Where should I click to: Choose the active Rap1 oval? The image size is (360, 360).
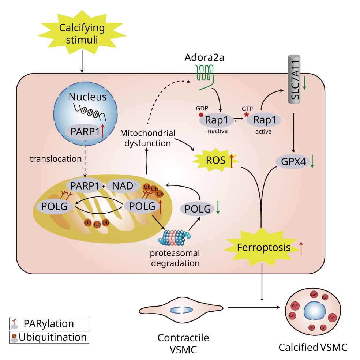(264, 120)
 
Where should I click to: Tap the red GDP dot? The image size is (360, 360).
(201, 115)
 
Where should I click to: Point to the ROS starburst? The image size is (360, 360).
(216, 160)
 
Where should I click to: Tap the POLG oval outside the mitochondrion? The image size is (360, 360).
(198, 209)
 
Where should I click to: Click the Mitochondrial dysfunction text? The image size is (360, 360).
(147, 138)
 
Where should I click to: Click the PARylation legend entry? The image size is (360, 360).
(49, 323)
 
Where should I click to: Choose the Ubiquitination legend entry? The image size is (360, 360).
(49, 337)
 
